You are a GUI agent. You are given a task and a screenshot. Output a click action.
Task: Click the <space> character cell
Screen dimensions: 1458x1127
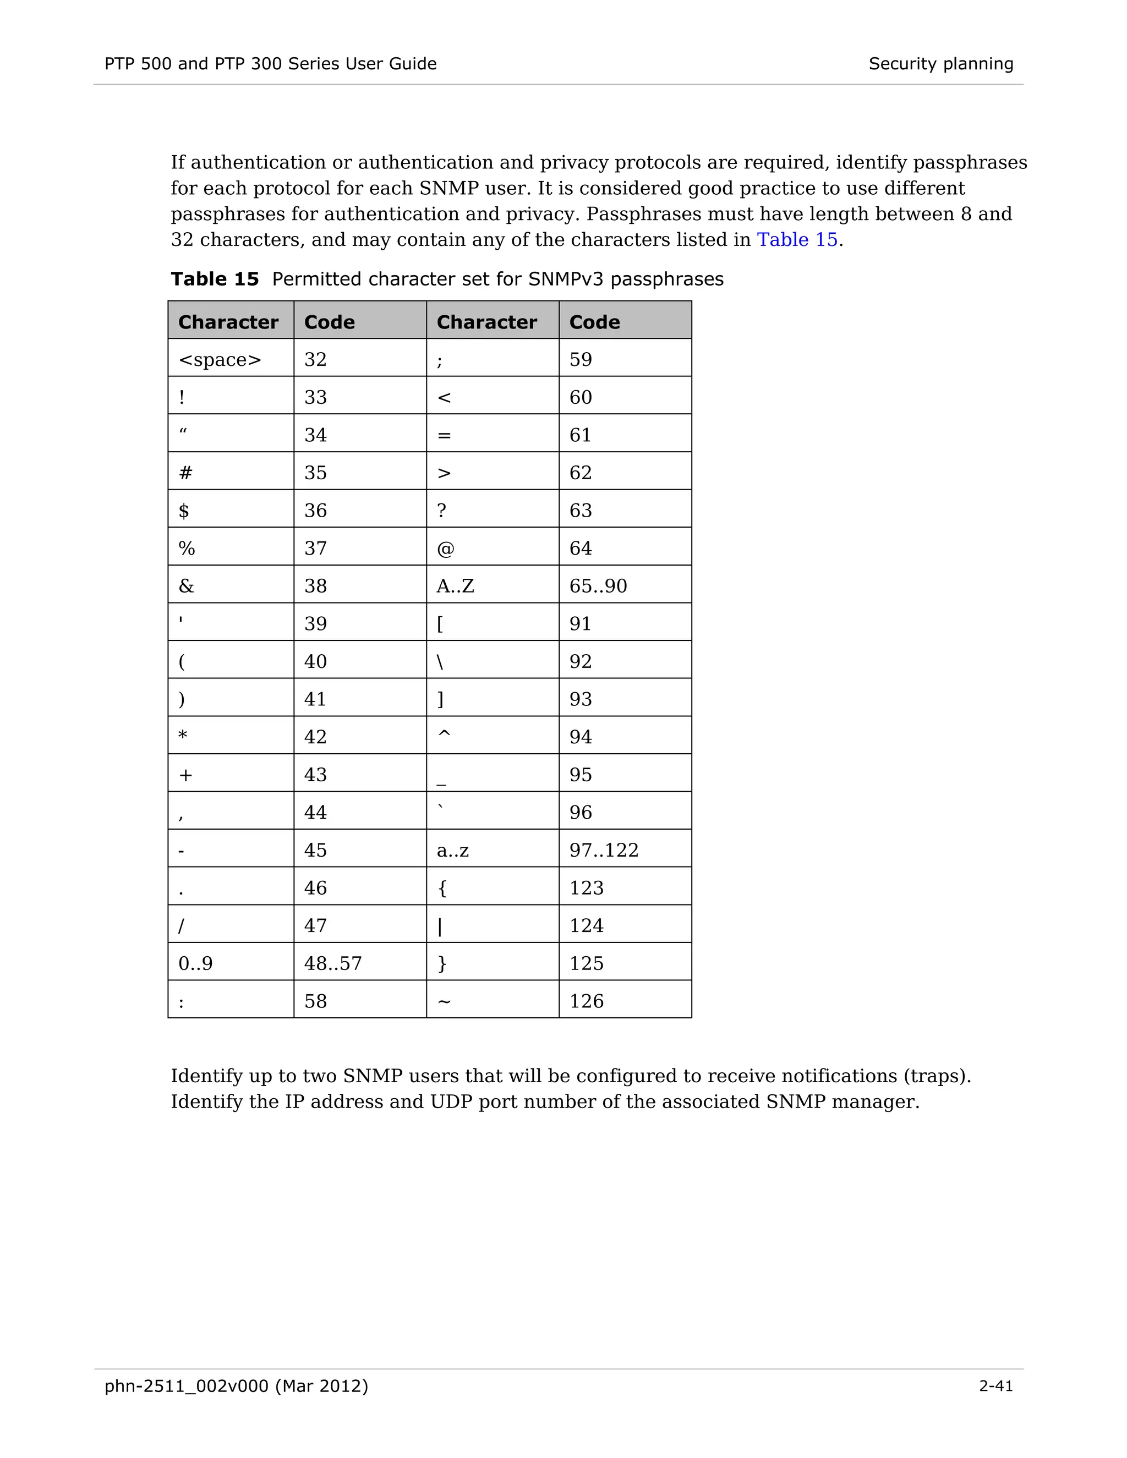(x=220, y=359)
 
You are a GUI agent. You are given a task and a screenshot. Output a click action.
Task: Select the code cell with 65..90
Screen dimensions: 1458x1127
(x=598, y=585)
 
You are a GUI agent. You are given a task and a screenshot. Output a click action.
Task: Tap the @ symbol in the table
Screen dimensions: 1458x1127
(x=445, y=548)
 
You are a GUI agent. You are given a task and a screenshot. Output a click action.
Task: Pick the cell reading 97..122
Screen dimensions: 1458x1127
(x=604, y=850)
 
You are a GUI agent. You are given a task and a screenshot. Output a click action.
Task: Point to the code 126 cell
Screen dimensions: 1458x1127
(x=586, y=1001)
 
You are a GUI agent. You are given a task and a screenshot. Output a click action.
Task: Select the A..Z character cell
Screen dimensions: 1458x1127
(x=455, y=585)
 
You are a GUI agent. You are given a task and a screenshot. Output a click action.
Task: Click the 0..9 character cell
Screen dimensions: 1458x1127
(x=195, y=963)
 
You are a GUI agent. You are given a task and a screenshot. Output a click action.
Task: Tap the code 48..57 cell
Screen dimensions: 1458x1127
(x=332, y=963)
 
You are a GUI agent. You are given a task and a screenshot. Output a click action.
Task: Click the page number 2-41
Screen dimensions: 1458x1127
(x=995, y=1386)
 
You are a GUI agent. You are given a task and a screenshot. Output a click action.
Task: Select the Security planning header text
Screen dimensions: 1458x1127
(x=940, y=63)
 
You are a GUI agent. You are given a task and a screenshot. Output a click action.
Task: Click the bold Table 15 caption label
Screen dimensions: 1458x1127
(x=214, y=278)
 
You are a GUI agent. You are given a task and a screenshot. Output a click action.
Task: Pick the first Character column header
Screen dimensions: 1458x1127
(x=228, y=322)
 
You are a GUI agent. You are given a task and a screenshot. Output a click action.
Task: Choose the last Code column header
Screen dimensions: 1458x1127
(x=594, y=322)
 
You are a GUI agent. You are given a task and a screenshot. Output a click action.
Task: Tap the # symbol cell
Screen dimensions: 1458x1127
(x=185, y=473)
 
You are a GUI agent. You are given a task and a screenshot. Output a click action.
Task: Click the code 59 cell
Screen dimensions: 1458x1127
(x=580, y=359)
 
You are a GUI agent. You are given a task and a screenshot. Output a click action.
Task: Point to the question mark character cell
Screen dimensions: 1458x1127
(x=441, y=510)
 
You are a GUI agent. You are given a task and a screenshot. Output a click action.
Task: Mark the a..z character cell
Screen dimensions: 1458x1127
(x=453, y=850)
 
